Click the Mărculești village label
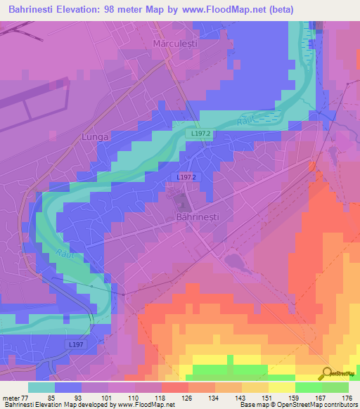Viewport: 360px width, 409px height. pyautogui.click(x=173, y=44)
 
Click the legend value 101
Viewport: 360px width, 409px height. pyautogui.click(x=108, y=398)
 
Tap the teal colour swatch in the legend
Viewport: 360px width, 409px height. pyautogui.click(x=41, y=387)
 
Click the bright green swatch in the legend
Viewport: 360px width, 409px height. pyautogui.click(x=308, y=387)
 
